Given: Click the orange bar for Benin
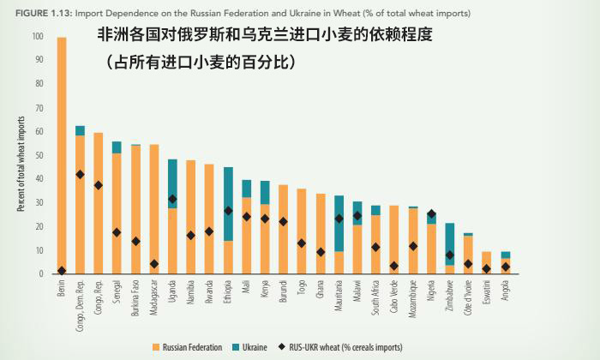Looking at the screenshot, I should tap(62, 154).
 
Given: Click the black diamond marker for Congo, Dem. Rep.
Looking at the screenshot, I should tap(80, 174).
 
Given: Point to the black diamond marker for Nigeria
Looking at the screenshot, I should tap(432, 214).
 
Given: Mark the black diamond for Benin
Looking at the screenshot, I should tap(62, 271).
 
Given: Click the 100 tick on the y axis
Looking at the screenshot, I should tap(37, 36).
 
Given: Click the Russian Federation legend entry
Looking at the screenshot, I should tap(192, 346).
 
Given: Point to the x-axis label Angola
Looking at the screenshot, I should tap(506, 292).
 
